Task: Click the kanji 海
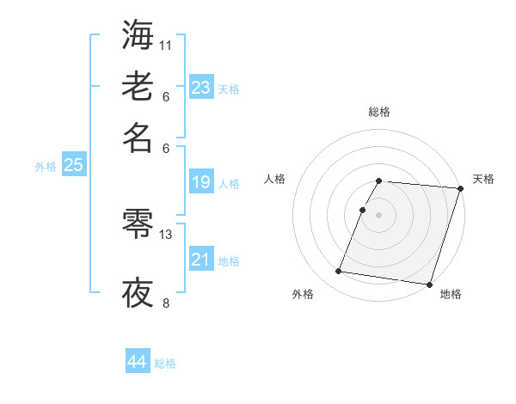click(138, 37)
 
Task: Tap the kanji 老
click(138, 87)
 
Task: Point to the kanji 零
click(138, 225)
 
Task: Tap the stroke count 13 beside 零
click(167, 234)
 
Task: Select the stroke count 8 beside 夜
click(166, 303)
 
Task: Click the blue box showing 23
click(201, 87)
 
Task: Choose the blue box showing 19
click(201, 182)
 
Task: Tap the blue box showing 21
click(201, 260)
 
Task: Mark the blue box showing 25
click(73, 166)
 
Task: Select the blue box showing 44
click(137, 362)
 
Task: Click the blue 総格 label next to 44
click(165, 364)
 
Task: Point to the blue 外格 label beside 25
click(46, 167)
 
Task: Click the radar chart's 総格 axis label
click(379, 112)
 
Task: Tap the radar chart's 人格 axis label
click(274, 179)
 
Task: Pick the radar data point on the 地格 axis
click(428, 284)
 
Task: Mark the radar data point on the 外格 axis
click(339, 272)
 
